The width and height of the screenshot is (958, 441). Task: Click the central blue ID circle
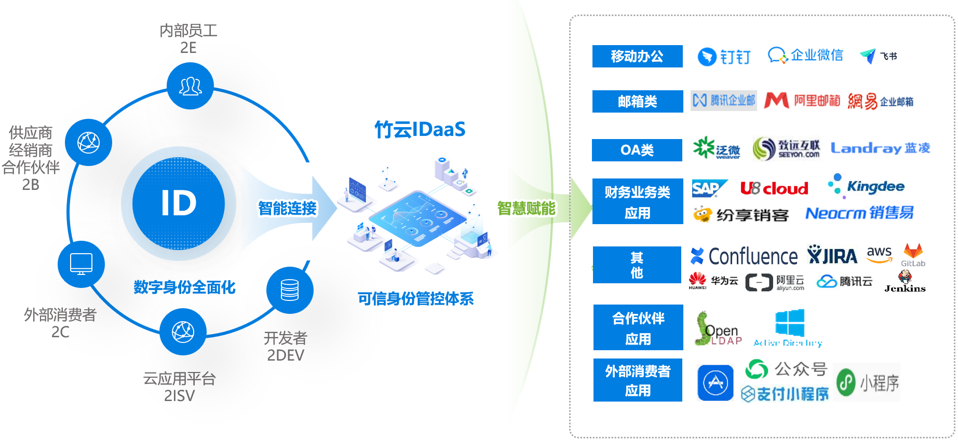point(179,203)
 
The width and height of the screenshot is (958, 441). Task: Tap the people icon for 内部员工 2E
point(190,86)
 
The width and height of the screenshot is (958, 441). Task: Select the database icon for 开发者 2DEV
point(290,290)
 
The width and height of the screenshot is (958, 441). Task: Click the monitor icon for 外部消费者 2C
point(81,264)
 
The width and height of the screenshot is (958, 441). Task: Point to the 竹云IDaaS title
point(420,129)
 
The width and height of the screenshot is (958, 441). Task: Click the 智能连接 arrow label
point(287,208)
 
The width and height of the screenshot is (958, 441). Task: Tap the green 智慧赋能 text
point(526,208)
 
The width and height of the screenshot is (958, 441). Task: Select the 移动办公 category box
point(637,56)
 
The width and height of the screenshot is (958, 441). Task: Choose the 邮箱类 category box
point(637,101)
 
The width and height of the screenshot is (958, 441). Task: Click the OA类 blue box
point(637,150)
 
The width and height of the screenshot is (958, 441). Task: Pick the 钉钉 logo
point(724,57)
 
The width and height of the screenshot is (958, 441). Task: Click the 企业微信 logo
point(805,55)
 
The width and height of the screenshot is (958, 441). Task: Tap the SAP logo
point(709,188)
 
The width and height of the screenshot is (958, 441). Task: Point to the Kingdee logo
point(866,186)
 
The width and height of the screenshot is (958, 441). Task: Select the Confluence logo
point(744,256)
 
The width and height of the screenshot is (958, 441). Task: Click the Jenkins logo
point(905,283)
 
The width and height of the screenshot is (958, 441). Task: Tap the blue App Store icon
point(715,383)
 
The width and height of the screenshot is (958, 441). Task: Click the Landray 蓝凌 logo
point(880,148)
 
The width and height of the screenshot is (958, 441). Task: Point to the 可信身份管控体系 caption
point(415,299)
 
